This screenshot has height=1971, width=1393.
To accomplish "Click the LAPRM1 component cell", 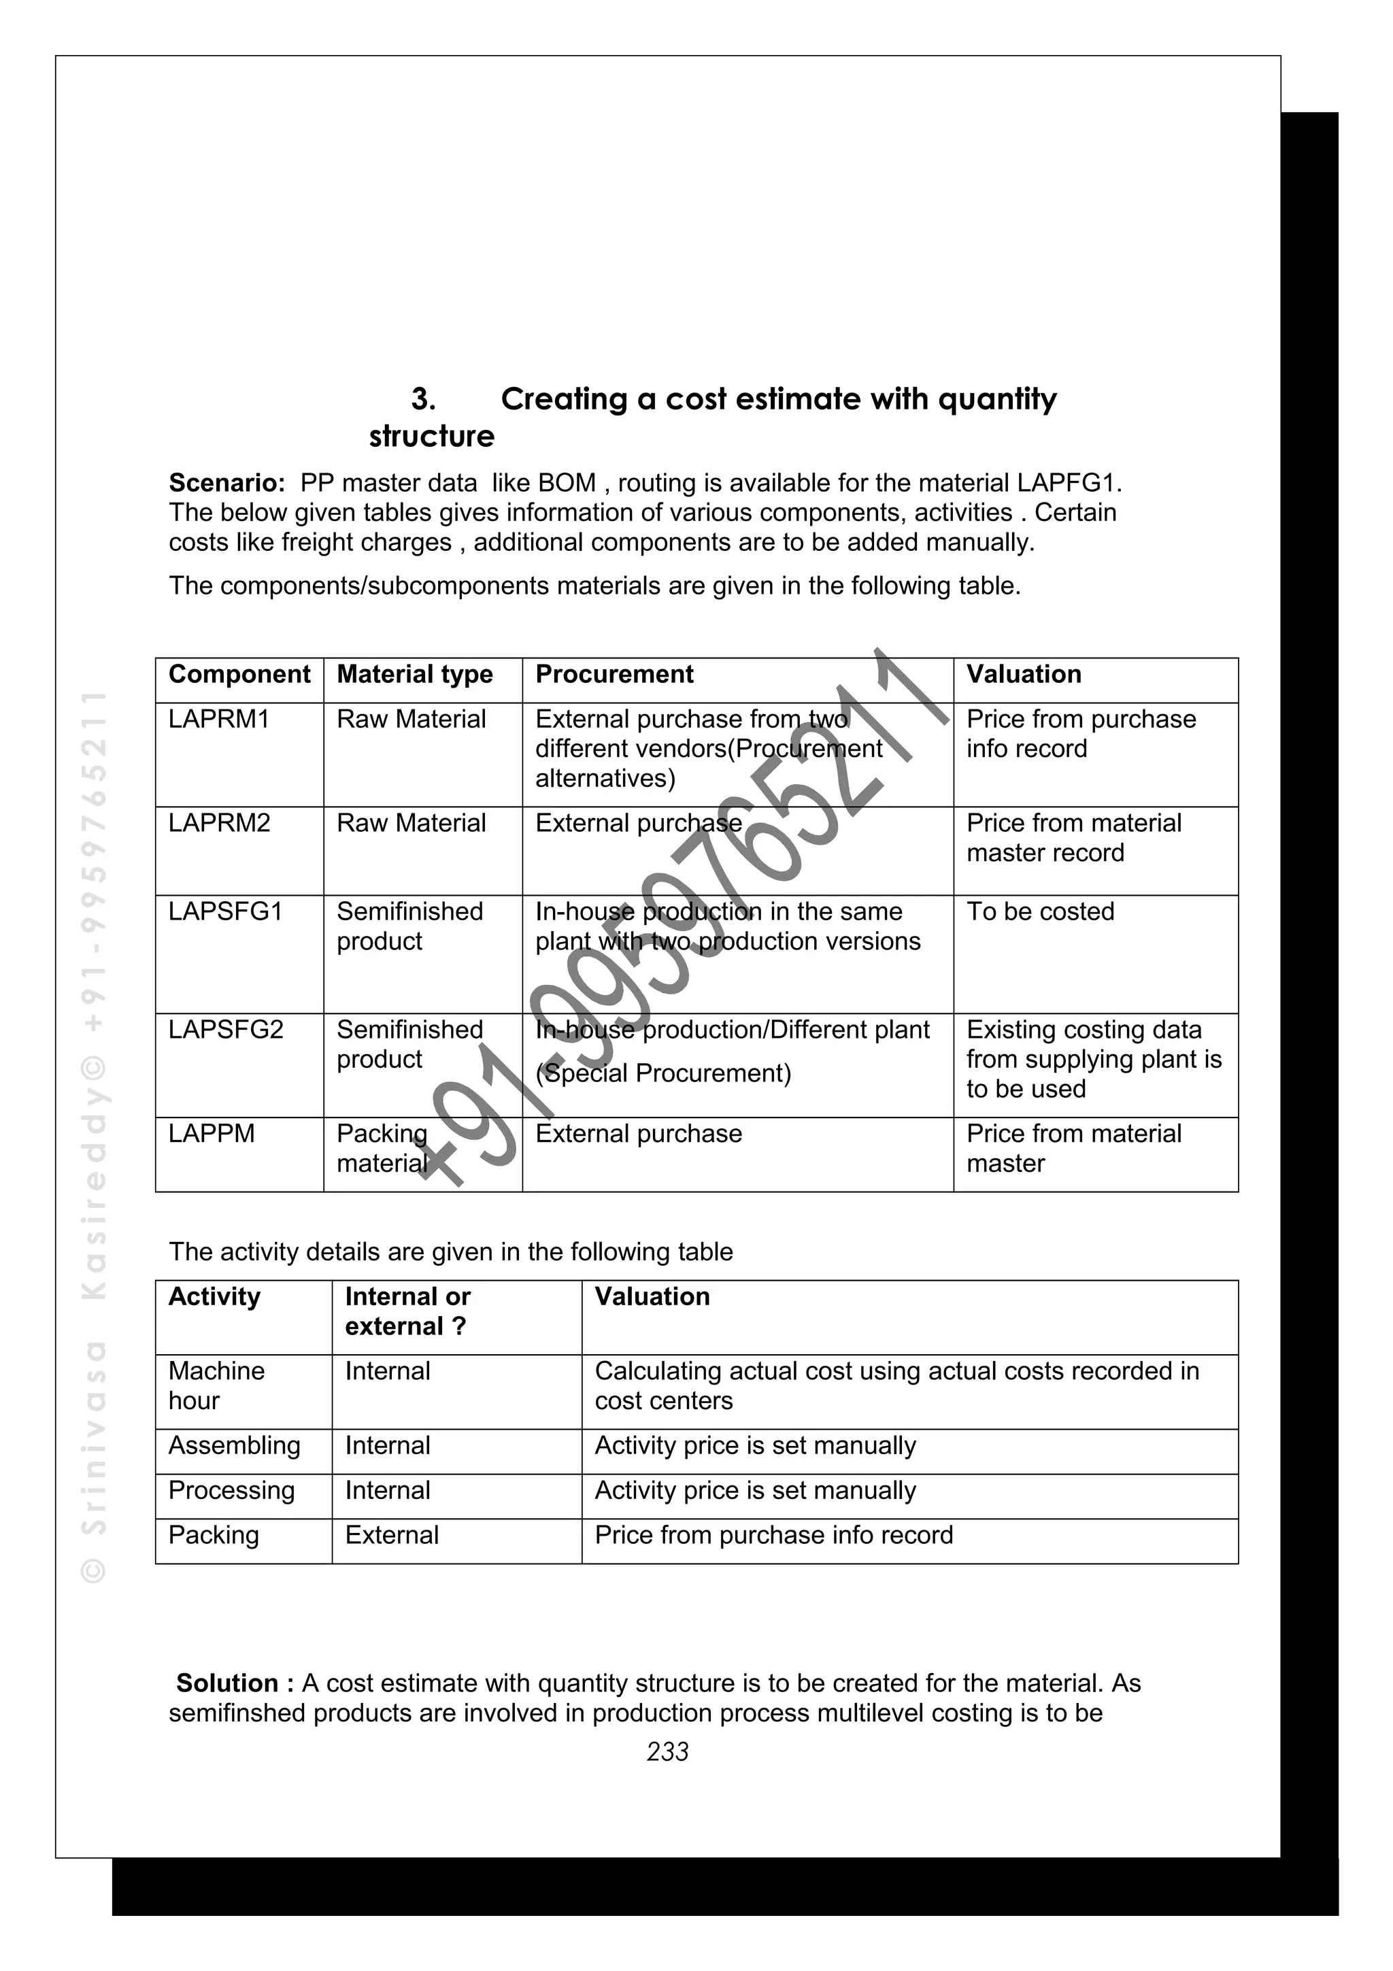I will (219, 720).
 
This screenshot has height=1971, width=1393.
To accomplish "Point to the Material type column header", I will (414, 675).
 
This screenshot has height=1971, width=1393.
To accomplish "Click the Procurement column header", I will (614, 675).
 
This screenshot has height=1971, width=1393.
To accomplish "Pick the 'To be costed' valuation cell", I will (1040, 911).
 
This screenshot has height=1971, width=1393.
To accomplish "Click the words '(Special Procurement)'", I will (662, 1073).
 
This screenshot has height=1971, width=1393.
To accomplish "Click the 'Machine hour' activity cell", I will (216, 1385).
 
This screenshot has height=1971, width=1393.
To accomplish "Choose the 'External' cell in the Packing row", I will (391, 1535).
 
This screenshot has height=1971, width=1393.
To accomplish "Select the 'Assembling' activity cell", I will (234, 1446).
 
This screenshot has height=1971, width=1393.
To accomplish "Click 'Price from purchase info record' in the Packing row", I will (773, 1535).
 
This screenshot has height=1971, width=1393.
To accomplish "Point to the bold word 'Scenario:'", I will (226, 484).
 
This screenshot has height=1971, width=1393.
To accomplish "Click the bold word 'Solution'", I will (226, 1683).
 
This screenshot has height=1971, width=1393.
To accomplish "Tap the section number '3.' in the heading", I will (423, 399).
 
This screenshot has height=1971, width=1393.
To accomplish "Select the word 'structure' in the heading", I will (432, 437).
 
